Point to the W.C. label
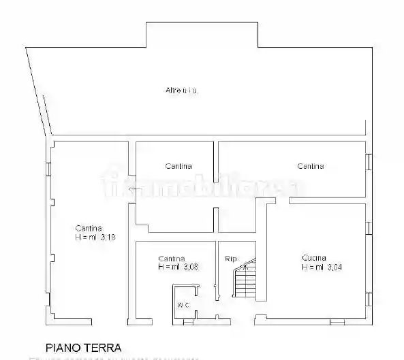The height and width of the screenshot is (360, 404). pyautogui.click(x=183, y=304)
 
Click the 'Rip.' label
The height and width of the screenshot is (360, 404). pyautogui.click(x=232, y=259)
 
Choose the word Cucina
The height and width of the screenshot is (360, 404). pyautogui.click(x=314, y=258)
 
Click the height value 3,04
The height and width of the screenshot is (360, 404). pyautogui.click(x=334, y=267)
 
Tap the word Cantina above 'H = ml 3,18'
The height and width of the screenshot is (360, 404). pyautogui.click(x=89, y=229)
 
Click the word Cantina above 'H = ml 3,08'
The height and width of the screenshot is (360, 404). pyautogui.click(x=172, y=258)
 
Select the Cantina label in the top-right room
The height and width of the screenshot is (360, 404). pyautogui.click(x=310, y=166)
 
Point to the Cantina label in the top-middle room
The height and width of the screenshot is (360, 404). pyautogui.click(x=178, y=166)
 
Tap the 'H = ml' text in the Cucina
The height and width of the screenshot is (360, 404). pyautogui.click(x=313, y=267)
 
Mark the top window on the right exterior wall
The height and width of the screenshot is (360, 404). pyautogui.click(x=369, y=161)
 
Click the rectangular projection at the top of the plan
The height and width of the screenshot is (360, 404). pyautogui.click(x=202, y=35)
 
